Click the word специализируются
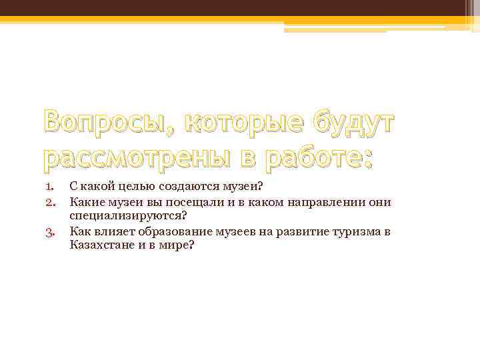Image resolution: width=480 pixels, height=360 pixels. click(x=126, y=216)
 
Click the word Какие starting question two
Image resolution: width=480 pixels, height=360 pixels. click(x=84, y=201)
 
